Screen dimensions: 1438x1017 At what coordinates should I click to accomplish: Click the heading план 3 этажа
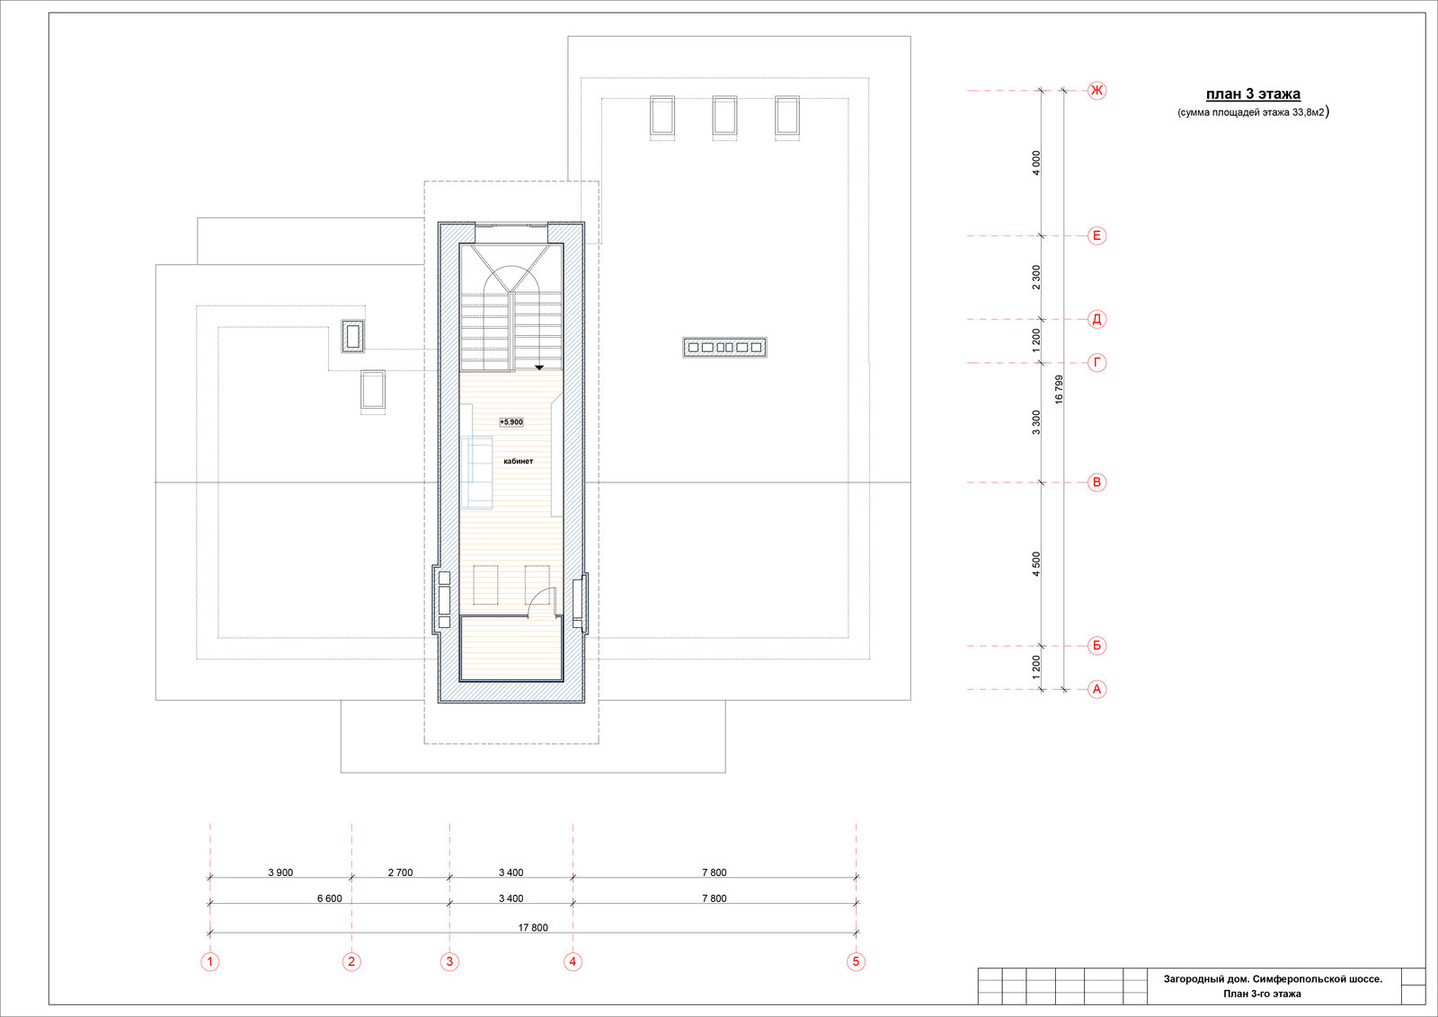1253,94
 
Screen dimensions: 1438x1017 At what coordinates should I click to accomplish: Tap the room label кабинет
518,462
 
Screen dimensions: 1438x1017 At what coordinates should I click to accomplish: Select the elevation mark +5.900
511,422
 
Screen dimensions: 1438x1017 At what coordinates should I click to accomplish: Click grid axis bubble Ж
1097,91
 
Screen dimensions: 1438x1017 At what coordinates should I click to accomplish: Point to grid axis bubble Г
1097,363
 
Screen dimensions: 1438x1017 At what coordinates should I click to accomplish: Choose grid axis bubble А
1097,690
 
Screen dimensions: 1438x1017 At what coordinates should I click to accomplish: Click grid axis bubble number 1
210,962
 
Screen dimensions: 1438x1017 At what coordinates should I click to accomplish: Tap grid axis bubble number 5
856,962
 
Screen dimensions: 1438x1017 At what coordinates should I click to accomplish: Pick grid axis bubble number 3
449,962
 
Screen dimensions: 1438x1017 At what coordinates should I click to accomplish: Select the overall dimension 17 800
533,928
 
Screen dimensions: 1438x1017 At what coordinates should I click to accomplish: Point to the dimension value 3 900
280,872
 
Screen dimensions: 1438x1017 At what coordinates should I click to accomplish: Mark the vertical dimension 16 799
1060,390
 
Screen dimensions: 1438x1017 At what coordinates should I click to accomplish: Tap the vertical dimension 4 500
1036,564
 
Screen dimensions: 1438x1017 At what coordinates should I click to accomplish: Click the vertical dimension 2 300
1036,278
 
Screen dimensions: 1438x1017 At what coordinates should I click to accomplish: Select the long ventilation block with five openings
724,347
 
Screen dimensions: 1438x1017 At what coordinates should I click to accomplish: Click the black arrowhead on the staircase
540,367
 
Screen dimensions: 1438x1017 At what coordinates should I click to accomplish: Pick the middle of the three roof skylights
724,116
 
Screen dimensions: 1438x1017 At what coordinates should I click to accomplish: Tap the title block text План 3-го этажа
1262,994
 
